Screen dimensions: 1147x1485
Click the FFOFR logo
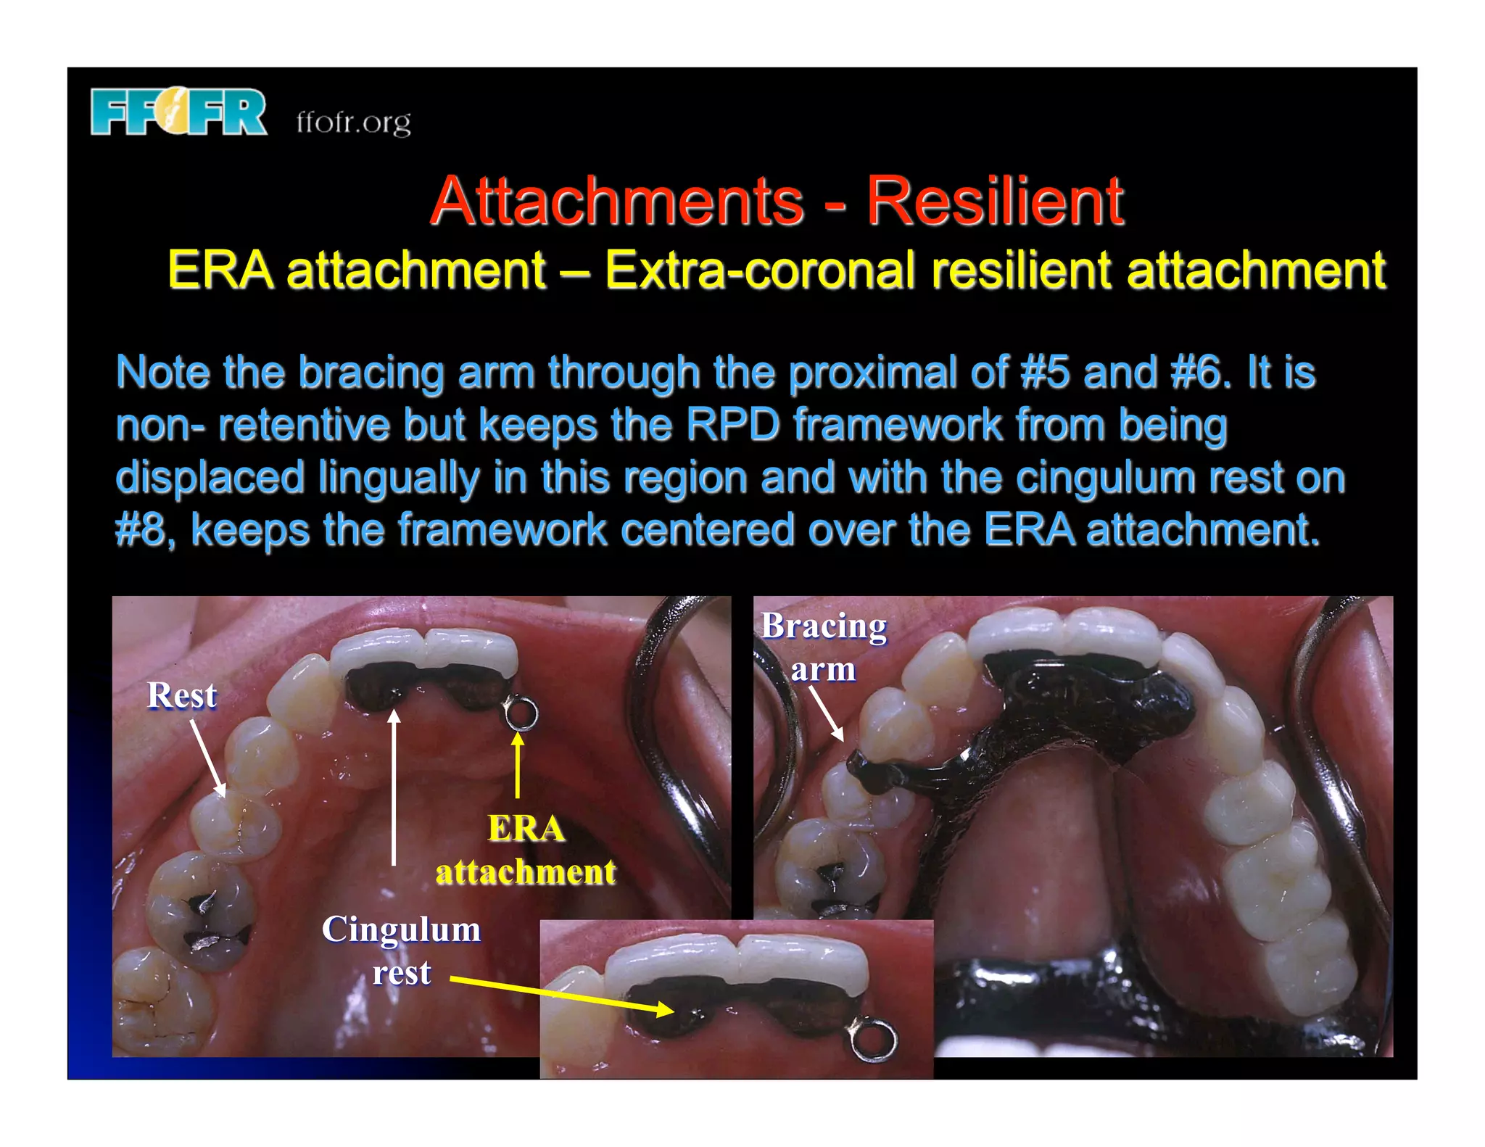(x=178, y=112)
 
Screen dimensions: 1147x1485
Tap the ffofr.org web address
(x=353, y=122)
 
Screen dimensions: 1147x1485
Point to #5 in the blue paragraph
(x=1044, y=373)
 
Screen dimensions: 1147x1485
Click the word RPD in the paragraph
(x=732, y=425)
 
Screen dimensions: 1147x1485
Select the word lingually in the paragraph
(x=400, y=478)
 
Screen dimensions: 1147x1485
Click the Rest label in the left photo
(x=182, y=695)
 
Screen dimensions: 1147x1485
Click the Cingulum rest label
(x=401, y=950)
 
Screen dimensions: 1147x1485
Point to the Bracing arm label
(x=824, y=647)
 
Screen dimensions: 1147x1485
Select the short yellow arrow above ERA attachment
(x=517, y=764)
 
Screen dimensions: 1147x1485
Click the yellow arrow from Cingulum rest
(x=562, y=994)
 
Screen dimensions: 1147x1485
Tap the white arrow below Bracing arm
(x=827, y=713)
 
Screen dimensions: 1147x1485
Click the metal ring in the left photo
(x=521, y=713)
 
